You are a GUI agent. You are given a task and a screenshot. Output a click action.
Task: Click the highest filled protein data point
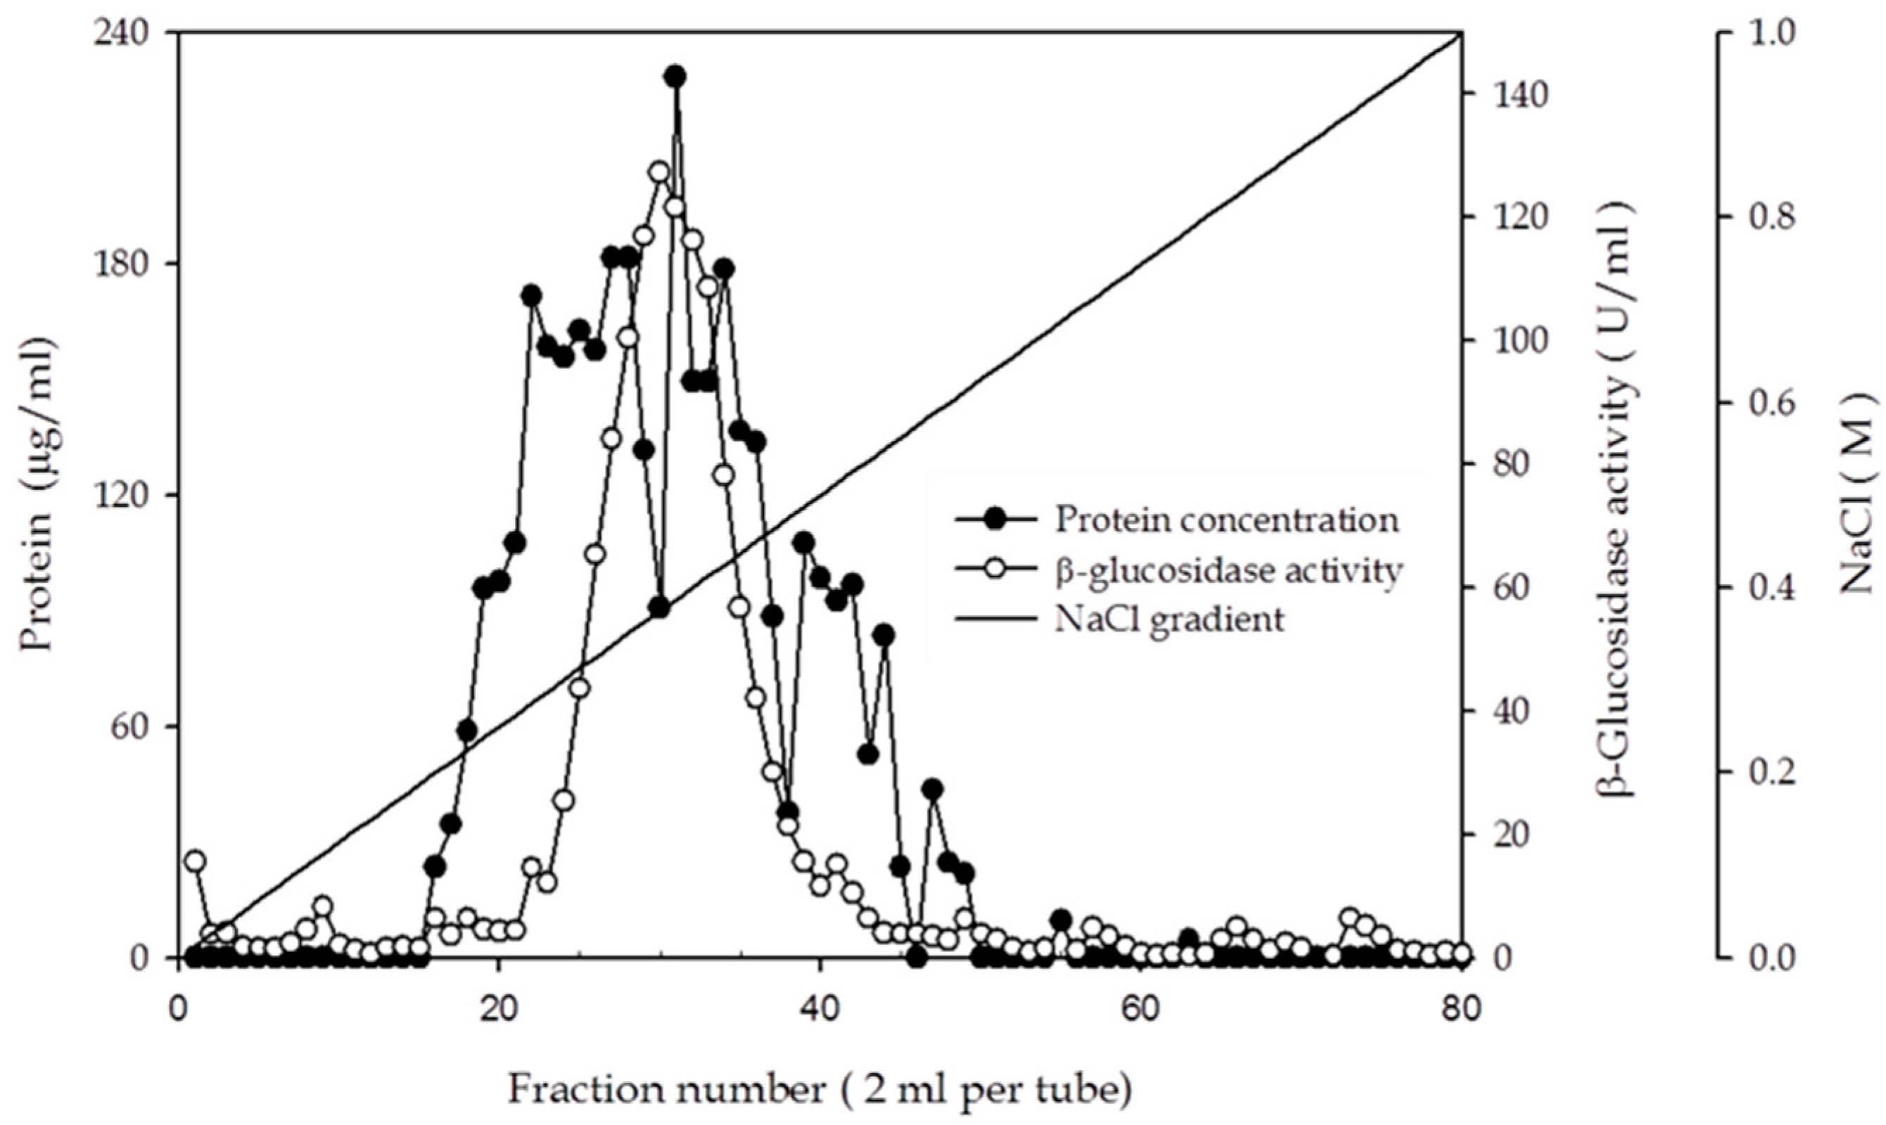(x=675, y=77)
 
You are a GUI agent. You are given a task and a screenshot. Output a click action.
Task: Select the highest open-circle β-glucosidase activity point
(x=658, y=172)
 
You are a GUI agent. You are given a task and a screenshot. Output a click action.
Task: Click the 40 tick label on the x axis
(x=819, y=1011)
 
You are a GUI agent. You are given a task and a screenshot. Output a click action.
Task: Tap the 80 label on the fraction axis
(x=1460, y=1011)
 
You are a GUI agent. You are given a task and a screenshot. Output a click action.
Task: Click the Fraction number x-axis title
(x=819, y=1090)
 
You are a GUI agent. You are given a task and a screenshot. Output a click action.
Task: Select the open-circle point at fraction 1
(x=196, y=861)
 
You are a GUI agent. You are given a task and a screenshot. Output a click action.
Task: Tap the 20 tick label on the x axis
(x=498, y=1011)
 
